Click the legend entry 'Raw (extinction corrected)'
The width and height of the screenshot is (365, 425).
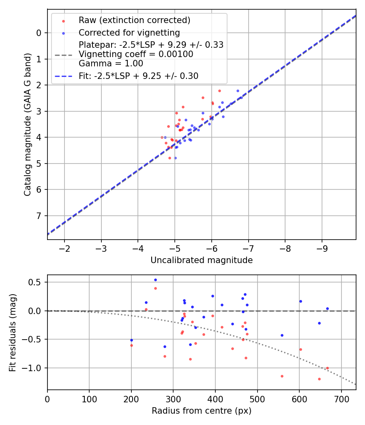pos(134,20)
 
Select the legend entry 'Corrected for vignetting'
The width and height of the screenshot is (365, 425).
pos(129,32)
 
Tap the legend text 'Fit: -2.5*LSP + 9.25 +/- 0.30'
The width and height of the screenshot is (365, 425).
pos(138,76)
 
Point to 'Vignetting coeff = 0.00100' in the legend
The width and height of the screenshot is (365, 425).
pos(136,54)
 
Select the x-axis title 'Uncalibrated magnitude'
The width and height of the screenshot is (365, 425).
pos(202,260)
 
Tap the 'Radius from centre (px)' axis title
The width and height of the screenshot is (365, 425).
pos(202,411)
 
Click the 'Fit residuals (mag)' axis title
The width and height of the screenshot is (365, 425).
pos(13,332)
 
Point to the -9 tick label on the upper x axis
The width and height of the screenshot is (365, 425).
pos(322,248)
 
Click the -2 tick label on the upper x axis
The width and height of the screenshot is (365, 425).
pos(64,248)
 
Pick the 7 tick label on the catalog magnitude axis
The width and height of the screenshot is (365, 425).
pos(39,216)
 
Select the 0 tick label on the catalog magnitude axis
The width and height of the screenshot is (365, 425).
pos(39,33)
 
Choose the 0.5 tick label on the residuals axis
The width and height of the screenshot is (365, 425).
pos(37,282)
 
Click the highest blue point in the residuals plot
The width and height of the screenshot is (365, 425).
pos(155,280)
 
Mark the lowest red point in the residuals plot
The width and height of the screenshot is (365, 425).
pos(319,379)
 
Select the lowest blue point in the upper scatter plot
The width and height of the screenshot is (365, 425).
pos(175,158)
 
